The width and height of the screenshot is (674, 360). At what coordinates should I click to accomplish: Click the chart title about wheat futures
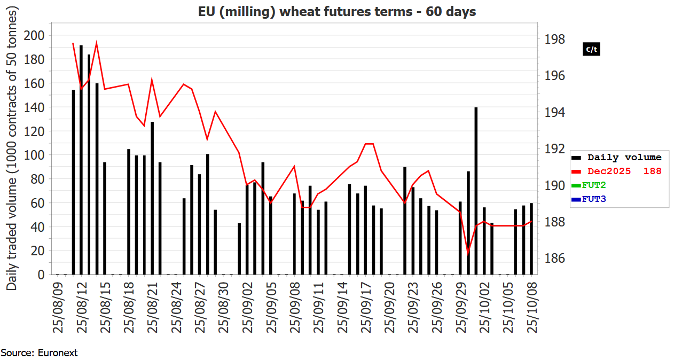click(336, 11)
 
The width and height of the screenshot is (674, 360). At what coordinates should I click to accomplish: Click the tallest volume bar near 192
click(81, 160)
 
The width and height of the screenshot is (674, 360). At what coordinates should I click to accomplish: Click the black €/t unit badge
click(591, 50)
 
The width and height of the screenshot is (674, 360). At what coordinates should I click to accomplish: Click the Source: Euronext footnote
click(40, 353)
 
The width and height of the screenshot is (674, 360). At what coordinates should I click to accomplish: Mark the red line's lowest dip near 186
click(468, 253)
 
